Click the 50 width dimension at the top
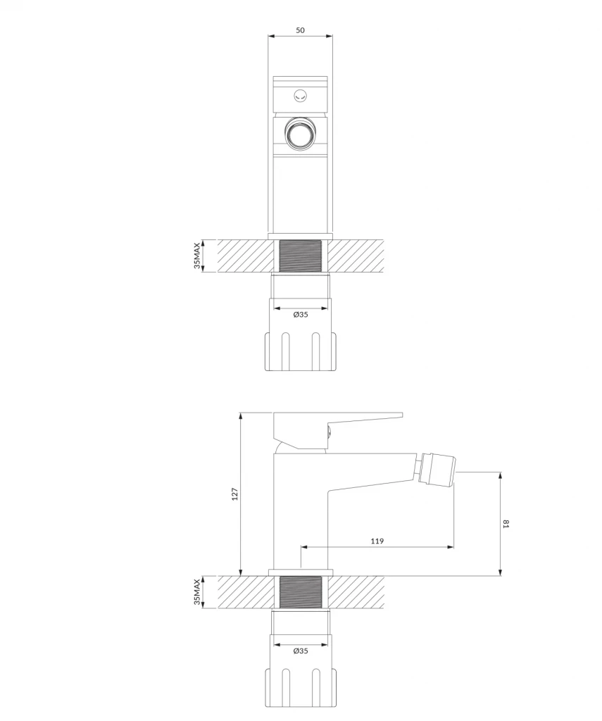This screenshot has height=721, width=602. point(300,30)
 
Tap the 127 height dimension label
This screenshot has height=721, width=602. point(235,494)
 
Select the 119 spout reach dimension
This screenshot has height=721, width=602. point(377,541)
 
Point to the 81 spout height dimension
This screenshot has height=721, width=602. point(506,524)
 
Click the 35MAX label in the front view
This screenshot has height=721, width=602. point(197,256)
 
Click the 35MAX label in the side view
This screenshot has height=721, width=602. point(197,591)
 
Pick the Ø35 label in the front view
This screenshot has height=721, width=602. point(301,315)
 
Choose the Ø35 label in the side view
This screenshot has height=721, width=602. point(301,651)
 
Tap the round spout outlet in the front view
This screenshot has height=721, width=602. point(301,133)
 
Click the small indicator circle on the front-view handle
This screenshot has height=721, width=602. point(301,96)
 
